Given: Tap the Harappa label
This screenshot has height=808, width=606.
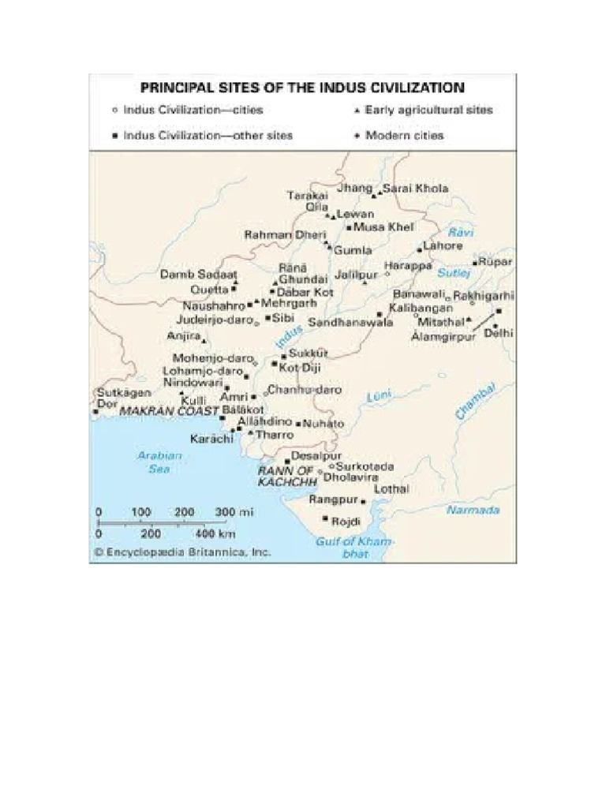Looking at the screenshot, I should (409, 267).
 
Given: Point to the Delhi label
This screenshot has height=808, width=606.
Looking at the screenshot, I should (499, 333).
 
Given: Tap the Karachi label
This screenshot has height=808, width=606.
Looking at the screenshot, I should (211, 438).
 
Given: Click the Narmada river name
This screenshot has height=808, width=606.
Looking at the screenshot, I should (473, 510).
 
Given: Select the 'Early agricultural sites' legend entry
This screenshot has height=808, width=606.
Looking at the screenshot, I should (428, 110).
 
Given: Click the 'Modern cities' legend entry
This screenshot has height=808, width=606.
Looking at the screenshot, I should (404, 135).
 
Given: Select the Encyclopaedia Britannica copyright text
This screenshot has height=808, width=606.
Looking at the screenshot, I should (183, 553).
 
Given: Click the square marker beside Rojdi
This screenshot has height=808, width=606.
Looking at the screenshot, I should (325, 518).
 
